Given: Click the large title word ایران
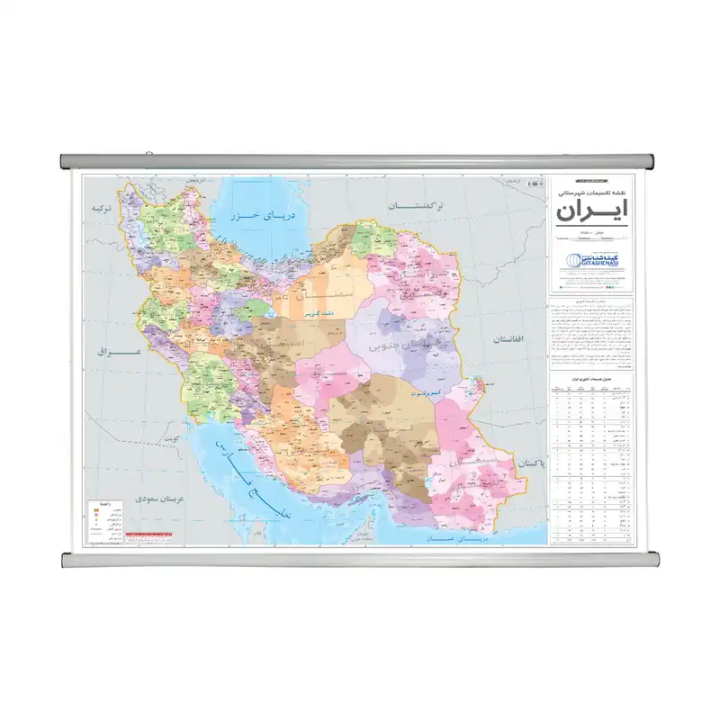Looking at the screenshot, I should point(592,213).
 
